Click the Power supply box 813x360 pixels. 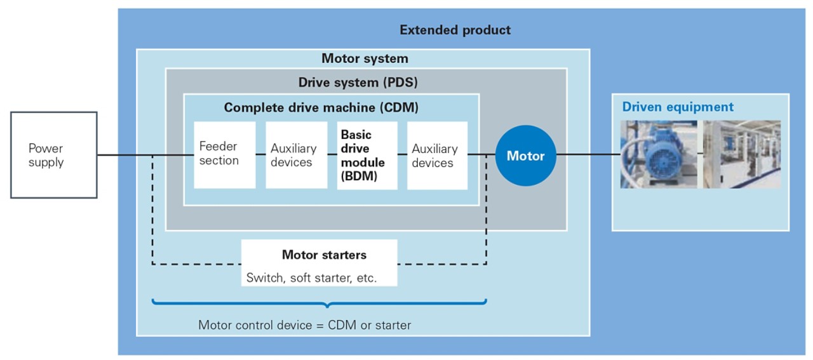54,155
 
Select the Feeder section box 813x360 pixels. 224,155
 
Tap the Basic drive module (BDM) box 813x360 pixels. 366,156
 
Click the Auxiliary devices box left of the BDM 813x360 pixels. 296,156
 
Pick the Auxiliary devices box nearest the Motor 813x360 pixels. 437,156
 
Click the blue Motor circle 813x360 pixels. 525,156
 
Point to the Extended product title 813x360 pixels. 455,30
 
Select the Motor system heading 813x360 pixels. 365,59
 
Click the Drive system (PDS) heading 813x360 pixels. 358,83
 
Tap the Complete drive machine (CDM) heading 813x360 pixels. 321,108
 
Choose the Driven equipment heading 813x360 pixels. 678,107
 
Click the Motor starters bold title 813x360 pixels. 324,255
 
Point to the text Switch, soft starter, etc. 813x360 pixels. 311,277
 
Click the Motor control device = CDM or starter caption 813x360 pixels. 304,325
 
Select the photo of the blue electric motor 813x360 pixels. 658,154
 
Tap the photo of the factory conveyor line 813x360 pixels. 741,154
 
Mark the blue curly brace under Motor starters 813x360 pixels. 319,303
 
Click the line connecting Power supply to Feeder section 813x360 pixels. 145,155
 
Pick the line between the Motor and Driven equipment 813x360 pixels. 588,154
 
